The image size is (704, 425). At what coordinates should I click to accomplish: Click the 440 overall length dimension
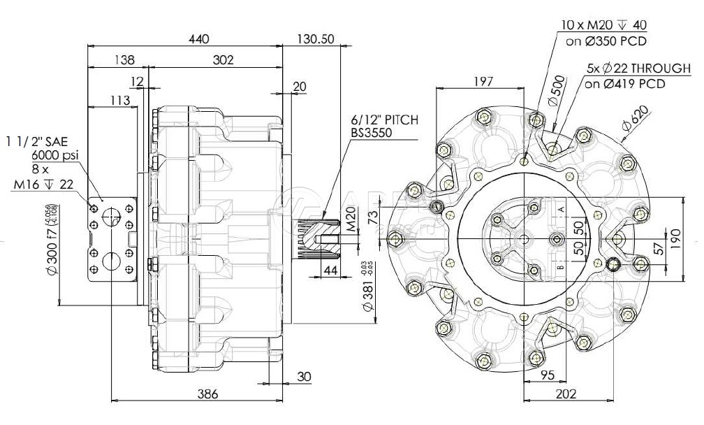[x=199, y=39]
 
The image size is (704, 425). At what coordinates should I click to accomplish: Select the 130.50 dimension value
[x=315, y=39]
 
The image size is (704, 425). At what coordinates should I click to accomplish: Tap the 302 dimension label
[x=222, y=60]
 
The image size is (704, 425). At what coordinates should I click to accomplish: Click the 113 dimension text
[x=119, y=101]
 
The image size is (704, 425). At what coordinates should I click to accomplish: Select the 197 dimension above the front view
[x=482, y=81]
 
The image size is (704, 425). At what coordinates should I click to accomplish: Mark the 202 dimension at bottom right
[x=566, y=394]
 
